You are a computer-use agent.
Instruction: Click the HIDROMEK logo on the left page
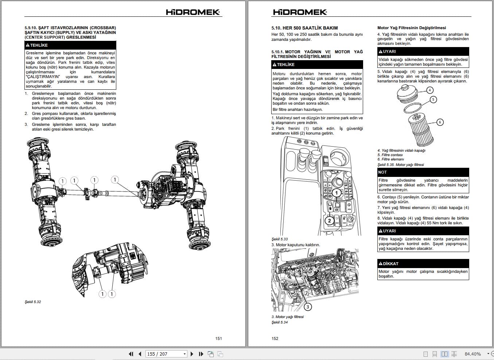(193, 12)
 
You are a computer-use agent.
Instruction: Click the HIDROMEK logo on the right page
(300, 12)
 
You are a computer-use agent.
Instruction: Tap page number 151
(218, 338)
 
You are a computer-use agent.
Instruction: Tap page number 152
(275, 338)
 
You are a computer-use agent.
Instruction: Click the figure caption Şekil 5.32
(33, 302)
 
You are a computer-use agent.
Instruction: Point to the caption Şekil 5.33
(280, 239)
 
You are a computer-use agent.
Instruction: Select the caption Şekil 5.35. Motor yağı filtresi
(401, 165)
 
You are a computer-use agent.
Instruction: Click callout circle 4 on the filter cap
(430, 90)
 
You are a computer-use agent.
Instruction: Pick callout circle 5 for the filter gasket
(433, 99)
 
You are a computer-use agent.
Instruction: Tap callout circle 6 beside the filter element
(440, 122)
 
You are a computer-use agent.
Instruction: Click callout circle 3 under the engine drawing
(307, 307)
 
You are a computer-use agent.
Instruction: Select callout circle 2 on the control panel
(330, 220)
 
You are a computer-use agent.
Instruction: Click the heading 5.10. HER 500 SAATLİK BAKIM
(304, 28)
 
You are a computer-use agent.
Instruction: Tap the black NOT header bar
(423, 172)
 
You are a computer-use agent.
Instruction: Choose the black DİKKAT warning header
(423, 264)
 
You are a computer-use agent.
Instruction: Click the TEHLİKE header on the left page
(70, 45)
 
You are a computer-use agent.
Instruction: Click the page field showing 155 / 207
(166, 354)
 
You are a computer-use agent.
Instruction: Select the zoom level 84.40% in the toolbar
(472, 354)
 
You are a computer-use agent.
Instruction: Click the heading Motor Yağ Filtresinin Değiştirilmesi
(412, 28)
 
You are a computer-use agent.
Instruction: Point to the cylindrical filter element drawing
(422, 129)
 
